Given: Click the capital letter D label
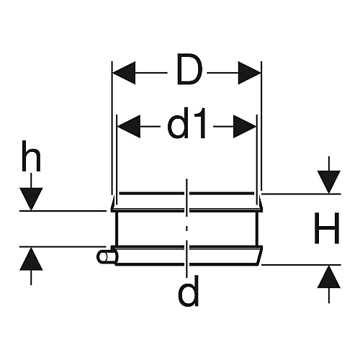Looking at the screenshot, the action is pos(189,69).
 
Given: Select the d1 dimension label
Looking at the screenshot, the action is pos(186,123).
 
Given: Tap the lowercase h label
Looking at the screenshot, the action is pos(31,156).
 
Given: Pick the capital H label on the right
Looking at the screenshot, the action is pos(327,228).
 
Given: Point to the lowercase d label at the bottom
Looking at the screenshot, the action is pos(189,291).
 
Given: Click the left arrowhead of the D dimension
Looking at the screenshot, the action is pos(124,73).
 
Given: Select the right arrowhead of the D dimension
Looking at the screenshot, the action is pos(249,73).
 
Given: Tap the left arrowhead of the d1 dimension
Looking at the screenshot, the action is pos(129,127).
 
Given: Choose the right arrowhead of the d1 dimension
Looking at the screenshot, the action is pos(245,127).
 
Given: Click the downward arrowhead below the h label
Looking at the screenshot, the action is pos(31,199).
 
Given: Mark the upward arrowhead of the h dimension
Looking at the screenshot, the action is pos(31,258).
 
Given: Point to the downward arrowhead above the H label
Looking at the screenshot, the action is pos(329,182).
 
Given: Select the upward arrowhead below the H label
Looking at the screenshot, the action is pos(329,276).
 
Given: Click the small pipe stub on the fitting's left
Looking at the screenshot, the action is pos(107,257).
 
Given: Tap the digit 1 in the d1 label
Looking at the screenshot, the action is pos(201,123).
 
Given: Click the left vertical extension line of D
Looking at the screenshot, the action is pos(112,128).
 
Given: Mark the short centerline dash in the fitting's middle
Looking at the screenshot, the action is pos(187,228).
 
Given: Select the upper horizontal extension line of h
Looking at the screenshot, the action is pos(63,211).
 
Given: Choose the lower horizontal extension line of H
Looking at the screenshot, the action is pos(301,265).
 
